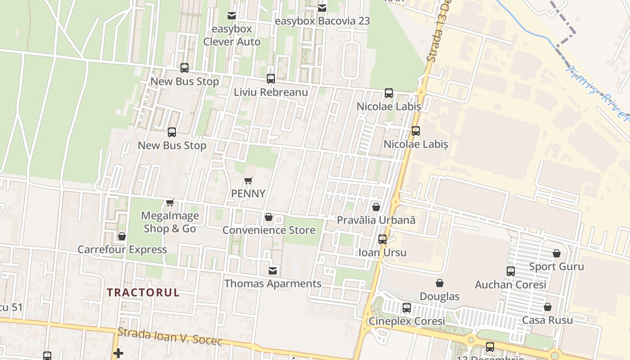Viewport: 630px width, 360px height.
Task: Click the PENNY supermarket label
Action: click(248, 193)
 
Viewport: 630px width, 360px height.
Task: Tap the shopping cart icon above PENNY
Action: click(248, 181)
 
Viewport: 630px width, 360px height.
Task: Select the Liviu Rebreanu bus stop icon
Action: click(271, 79)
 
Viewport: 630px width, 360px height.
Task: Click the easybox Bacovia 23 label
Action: click(322, 21)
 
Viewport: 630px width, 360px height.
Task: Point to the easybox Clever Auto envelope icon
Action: click(232, 16)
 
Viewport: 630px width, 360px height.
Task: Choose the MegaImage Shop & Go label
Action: click(170, 222)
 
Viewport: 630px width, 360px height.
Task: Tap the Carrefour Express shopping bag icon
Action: click(121, 236)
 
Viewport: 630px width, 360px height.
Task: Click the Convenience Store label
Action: click(269, 230)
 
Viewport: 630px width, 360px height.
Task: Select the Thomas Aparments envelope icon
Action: click(273, 270)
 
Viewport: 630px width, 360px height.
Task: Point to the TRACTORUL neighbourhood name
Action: click(143, 292)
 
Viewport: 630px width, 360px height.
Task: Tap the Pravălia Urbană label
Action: click(376, 220)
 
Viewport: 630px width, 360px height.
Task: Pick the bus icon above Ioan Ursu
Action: click(382, 239)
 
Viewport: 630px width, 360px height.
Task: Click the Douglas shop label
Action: click(439, 297)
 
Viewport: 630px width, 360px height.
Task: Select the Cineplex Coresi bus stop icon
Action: click(407, 308)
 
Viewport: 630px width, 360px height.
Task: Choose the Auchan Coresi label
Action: click(510, 285)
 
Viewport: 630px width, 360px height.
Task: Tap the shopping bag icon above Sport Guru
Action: click(557, 253)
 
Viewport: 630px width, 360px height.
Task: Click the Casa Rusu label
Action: click(547, 320)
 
